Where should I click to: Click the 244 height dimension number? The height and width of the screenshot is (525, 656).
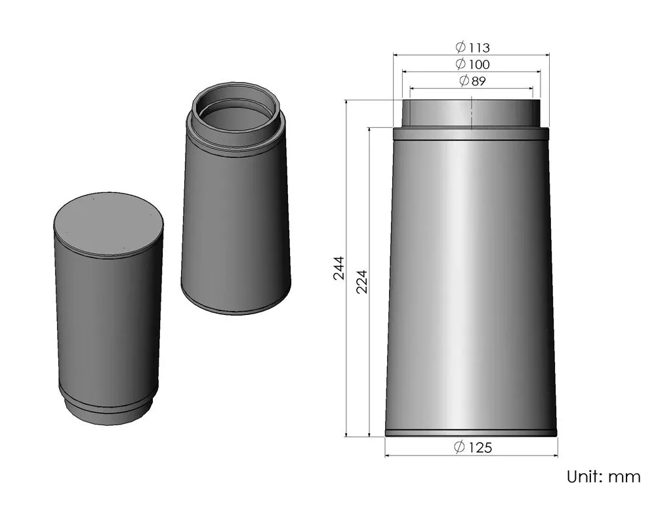[338, 268]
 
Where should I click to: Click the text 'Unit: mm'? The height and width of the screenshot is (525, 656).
[603, 476]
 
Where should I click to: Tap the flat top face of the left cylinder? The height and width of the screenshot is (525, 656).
[108, 224]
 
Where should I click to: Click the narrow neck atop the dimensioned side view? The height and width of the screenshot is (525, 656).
[471, 113]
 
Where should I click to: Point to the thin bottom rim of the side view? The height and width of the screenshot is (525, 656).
[471, 432]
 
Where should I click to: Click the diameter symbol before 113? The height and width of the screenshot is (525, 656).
[461, 47]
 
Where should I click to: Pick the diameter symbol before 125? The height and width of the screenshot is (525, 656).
[460, 448]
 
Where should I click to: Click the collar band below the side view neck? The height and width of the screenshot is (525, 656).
[471, 134]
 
